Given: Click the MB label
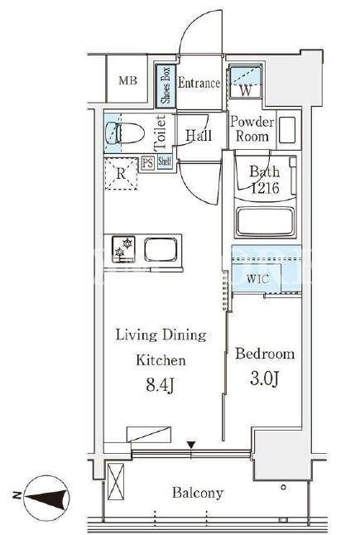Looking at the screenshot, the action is [x=127, y=80].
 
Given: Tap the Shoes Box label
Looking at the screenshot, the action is [x=166, y=85].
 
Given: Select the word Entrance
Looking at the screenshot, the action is [x=199, y=83].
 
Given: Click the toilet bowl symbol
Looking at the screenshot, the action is [x=124, y=133].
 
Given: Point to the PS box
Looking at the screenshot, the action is [x=147, y=163].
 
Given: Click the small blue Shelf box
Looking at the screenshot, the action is [x=165, y=161].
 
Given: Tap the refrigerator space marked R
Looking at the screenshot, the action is [x=121, y=174].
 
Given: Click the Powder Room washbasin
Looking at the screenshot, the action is [x=287, y=130].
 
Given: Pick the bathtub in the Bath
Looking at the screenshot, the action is [x=265, y=220].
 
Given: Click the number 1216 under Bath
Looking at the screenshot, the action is [x=265, y=188].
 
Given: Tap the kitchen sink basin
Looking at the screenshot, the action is [x=161, y=250].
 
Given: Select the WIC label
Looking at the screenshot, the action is [x=257, y=279].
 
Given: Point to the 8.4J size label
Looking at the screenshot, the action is [x=161, y=385].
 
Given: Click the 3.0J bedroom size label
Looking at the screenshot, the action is [x=265, y=378].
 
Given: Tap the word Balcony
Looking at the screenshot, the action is [x=198, y=493].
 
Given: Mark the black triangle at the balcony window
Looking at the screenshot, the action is [x=191, y=445].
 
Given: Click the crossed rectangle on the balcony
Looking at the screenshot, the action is [x=116, y=481].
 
